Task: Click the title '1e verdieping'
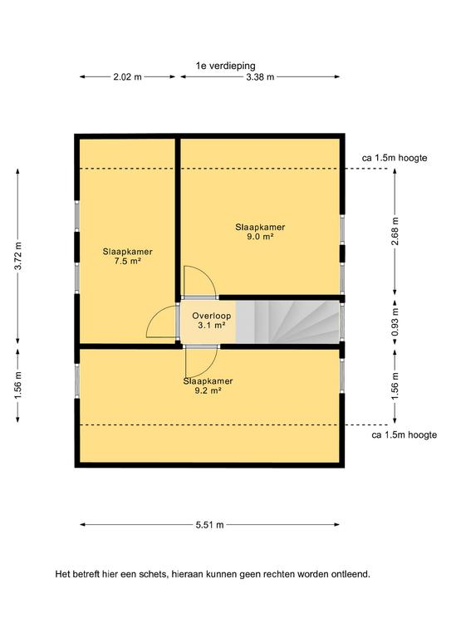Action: coord(226,66)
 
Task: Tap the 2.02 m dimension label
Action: coord(127,76)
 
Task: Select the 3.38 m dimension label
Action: coord(260,76)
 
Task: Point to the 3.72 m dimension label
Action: coord(18,256)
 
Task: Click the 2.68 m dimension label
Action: coord(395,231)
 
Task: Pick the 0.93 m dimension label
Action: coord(395,321)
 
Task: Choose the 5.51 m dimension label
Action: coord(210,525)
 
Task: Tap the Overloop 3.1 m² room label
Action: coord(212,320)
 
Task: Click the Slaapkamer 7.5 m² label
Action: coord(128,257)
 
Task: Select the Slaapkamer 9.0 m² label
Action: coord(260,232)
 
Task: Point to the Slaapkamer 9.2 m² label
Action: coord(208,385)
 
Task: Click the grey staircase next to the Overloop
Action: coord(287,321)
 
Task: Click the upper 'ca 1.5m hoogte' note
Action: coord(395,158)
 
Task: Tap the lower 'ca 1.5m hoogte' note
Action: coord(404,435)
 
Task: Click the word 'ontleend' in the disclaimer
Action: coord(352,575)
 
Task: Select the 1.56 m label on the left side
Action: coord(18,385)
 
